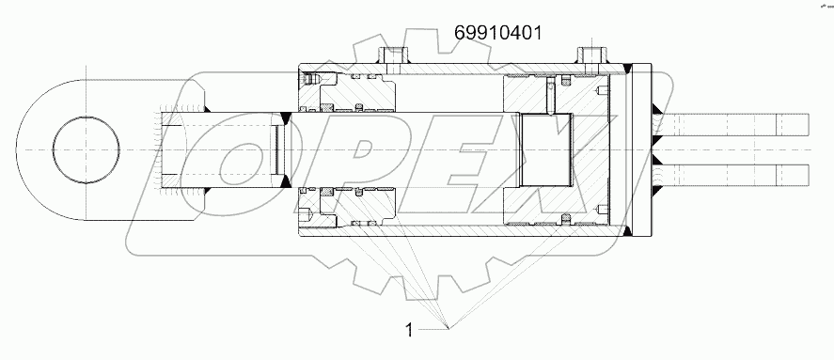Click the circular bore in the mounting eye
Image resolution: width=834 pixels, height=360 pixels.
coord(87,150)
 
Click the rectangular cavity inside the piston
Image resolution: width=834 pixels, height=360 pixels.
coord(545,150)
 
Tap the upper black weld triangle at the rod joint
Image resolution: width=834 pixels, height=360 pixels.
coord(285,117)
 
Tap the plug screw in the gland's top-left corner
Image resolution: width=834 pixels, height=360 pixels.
coord(315,78)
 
